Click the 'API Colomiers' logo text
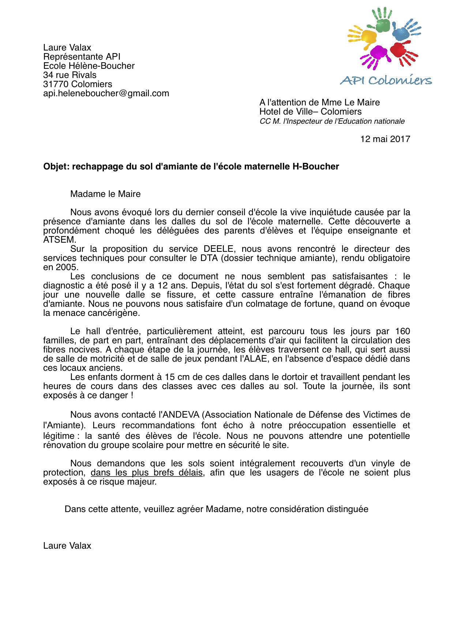[x=386, y=80]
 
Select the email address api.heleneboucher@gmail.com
[x=106, y=93]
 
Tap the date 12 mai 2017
[x=385, y=139]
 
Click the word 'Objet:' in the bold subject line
[x=56, y=167]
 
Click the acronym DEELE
[x=218, y=249]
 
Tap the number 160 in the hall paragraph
[x=402, y=331]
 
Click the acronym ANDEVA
[x=182, y=415]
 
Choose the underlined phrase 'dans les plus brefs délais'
[x=147, y=473]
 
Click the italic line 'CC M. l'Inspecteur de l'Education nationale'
[x=332, y=121]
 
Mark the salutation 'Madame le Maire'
[x=105, y=194]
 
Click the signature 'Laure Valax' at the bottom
[x=67, y=546]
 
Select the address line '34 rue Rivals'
[x=70, y=75]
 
